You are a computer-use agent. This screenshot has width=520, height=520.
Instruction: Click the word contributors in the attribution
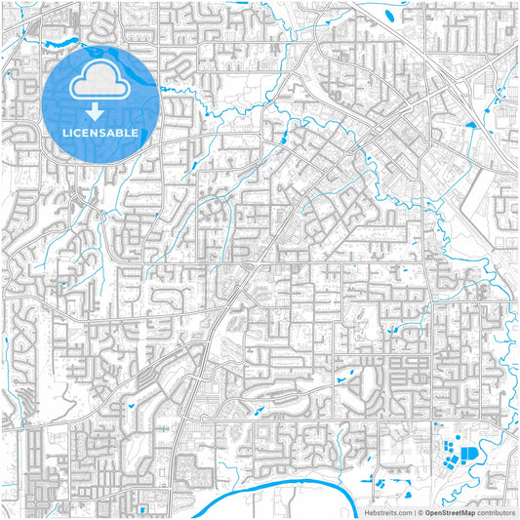click(x=497, y=512)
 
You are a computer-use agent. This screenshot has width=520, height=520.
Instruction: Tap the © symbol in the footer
click(x=420, y=512)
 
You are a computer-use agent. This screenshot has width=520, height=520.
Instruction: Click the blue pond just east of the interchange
click(x=471, y=125)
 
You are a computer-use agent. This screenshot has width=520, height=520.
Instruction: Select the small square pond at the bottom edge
click(x=143, y=507)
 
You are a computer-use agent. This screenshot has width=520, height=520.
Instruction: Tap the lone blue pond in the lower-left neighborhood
click(x=128, y=404)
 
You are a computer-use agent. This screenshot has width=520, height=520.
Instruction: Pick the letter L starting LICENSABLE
click(x=63, y=132)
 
